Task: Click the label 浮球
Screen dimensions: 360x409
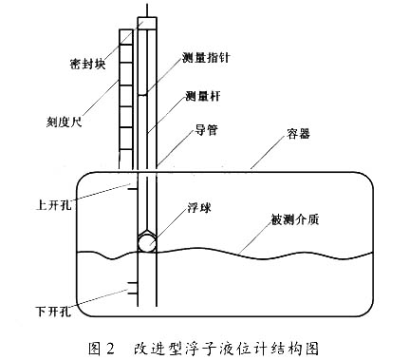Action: coord(201,204)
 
